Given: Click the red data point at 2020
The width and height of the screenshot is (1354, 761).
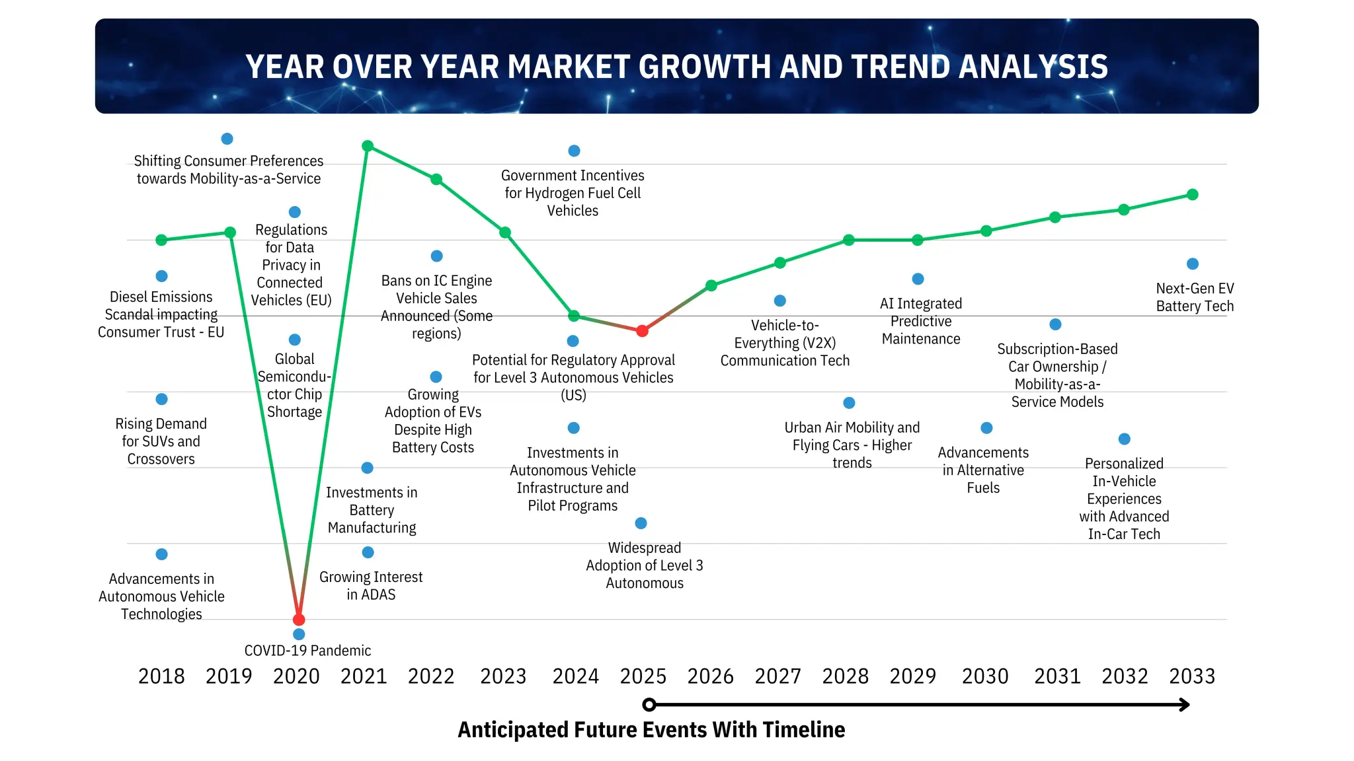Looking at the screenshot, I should click(299, 620).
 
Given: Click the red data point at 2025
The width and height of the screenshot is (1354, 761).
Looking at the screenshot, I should click(642, 331).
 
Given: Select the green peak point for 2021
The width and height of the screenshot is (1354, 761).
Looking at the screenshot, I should click(368, 146).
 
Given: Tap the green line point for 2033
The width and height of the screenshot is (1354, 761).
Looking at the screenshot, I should click(1193, 195).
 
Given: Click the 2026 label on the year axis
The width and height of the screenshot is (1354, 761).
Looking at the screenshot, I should click(711, 676).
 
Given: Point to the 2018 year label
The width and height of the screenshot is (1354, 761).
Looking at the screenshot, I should click(161, 676).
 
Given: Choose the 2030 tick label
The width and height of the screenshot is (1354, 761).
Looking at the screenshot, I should click(985, 676).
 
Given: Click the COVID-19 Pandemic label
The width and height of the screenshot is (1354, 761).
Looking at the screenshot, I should click(307, 651).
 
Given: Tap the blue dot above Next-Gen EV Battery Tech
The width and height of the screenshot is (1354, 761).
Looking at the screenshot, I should click(1193, 264).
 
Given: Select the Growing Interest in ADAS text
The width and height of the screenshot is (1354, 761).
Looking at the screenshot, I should click(371, 585).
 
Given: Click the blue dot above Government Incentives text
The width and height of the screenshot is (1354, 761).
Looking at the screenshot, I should click(574, 151).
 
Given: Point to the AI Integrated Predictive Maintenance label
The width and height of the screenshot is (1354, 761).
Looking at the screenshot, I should click(921, 321).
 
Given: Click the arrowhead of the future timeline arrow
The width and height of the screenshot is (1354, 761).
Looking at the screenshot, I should click(1185, 705).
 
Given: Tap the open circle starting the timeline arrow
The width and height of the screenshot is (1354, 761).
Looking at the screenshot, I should click(649, 705).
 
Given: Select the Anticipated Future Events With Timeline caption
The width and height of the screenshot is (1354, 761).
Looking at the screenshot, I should click(651, 730).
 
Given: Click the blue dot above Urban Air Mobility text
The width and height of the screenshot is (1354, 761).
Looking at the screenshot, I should click(850, 403).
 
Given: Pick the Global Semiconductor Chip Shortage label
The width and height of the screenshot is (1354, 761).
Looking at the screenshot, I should click(294, 385).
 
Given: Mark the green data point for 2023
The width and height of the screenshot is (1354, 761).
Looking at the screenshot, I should click(505, 233).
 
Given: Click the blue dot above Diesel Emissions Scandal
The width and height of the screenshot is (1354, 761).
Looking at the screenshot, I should click(161, 276).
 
